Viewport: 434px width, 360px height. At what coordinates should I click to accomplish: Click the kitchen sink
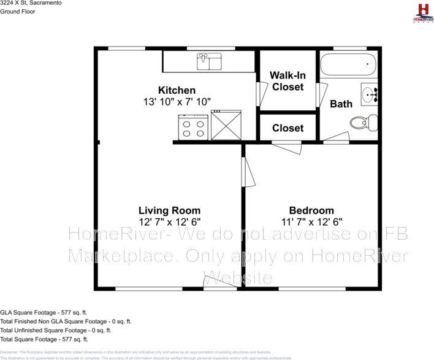[x=209, y=61]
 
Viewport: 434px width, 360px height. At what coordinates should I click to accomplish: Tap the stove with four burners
[x=193, y=128]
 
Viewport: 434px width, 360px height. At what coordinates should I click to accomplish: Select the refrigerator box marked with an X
[x=226, y=125]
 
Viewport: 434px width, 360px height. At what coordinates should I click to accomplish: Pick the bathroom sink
[x=369, y=94]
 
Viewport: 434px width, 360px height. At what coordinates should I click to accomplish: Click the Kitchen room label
[x=177, y=90]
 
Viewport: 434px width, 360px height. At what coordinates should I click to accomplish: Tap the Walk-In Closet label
[x=287, y=81]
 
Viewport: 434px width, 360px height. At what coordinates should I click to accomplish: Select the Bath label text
[x=341, y=104]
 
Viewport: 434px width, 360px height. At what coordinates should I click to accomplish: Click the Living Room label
[x=169, y=210]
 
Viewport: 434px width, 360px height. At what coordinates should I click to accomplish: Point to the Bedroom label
[x=311, y=210]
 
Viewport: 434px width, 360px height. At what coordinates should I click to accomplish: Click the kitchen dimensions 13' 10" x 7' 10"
[x=177, y=102]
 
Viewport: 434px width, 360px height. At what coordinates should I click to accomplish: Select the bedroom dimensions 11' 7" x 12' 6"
[x=311, y=222]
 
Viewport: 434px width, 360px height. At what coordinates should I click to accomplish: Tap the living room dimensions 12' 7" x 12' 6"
[x=169, y=222]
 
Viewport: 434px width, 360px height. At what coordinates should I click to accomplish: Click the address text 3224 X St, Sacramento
[x=30, y=3]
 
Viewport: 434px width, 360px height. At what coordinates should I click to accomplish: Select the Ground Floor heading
[x=18, y=11]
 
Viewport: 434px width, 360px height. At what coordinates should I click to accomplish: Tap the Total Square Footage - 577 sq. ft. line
[x=44, y=339]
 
